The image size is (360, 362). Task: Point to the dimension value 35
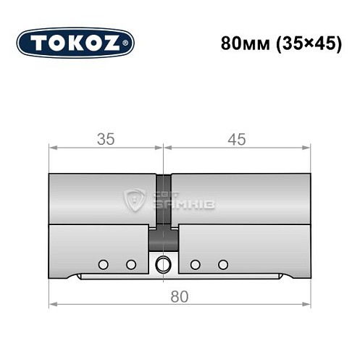tap(106, 140)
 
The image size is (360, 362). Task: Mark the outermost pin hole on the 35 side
tap(103, 264)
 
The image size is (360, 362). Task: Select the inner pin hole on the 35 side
tap(131, 264)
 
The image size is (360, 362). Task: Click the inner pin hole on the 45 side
tap(195, 264)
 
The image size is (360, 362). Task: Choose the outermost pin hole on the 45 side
tap(223, 264)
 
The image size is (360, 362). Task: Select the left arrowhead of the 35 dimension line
tap(52, 150)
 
